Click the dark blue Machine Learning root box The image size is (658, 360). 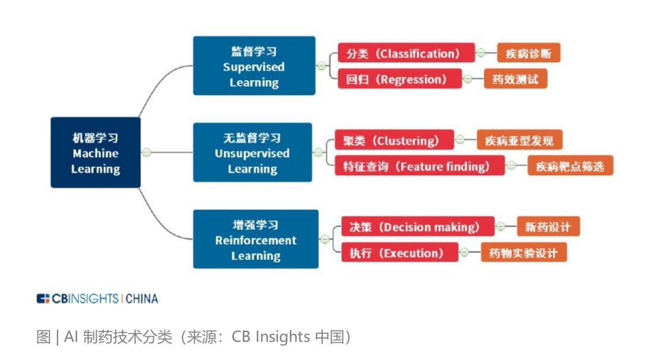[95, 153]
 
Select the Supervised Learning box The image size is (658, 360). [254, 66]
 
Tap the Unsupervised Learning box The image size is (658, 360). [252, 153]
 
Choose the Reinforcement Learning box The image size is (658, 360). [255, 239]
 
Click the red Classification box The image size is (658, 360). [406, 53]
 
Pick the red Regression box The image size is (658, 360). [399, 79]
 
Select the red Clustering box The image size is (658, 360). [394, 141]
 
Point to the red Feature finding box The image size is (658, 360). [419, 166]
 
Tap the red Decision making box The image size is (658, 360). [417, 227]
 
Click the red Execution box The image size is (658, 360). [399, 253]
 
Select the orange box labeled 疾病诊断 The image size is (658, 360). [528, 53]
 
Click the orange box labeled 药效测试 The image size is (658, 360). [515, 79]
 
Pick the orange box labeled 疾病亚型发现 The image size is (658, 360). [519, 141]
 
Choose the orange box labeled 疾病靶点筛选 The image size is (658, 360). [570, 166]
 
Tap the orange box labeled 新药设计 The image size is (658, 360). [548, 227]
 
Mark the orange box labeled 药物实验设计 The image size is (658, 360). [523, 253]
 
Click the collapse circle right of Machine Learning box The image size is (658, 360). [147, 153]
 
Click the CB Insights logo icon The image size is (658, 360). [43, 299]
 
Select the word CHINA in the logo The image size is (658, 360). [142, 299]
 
